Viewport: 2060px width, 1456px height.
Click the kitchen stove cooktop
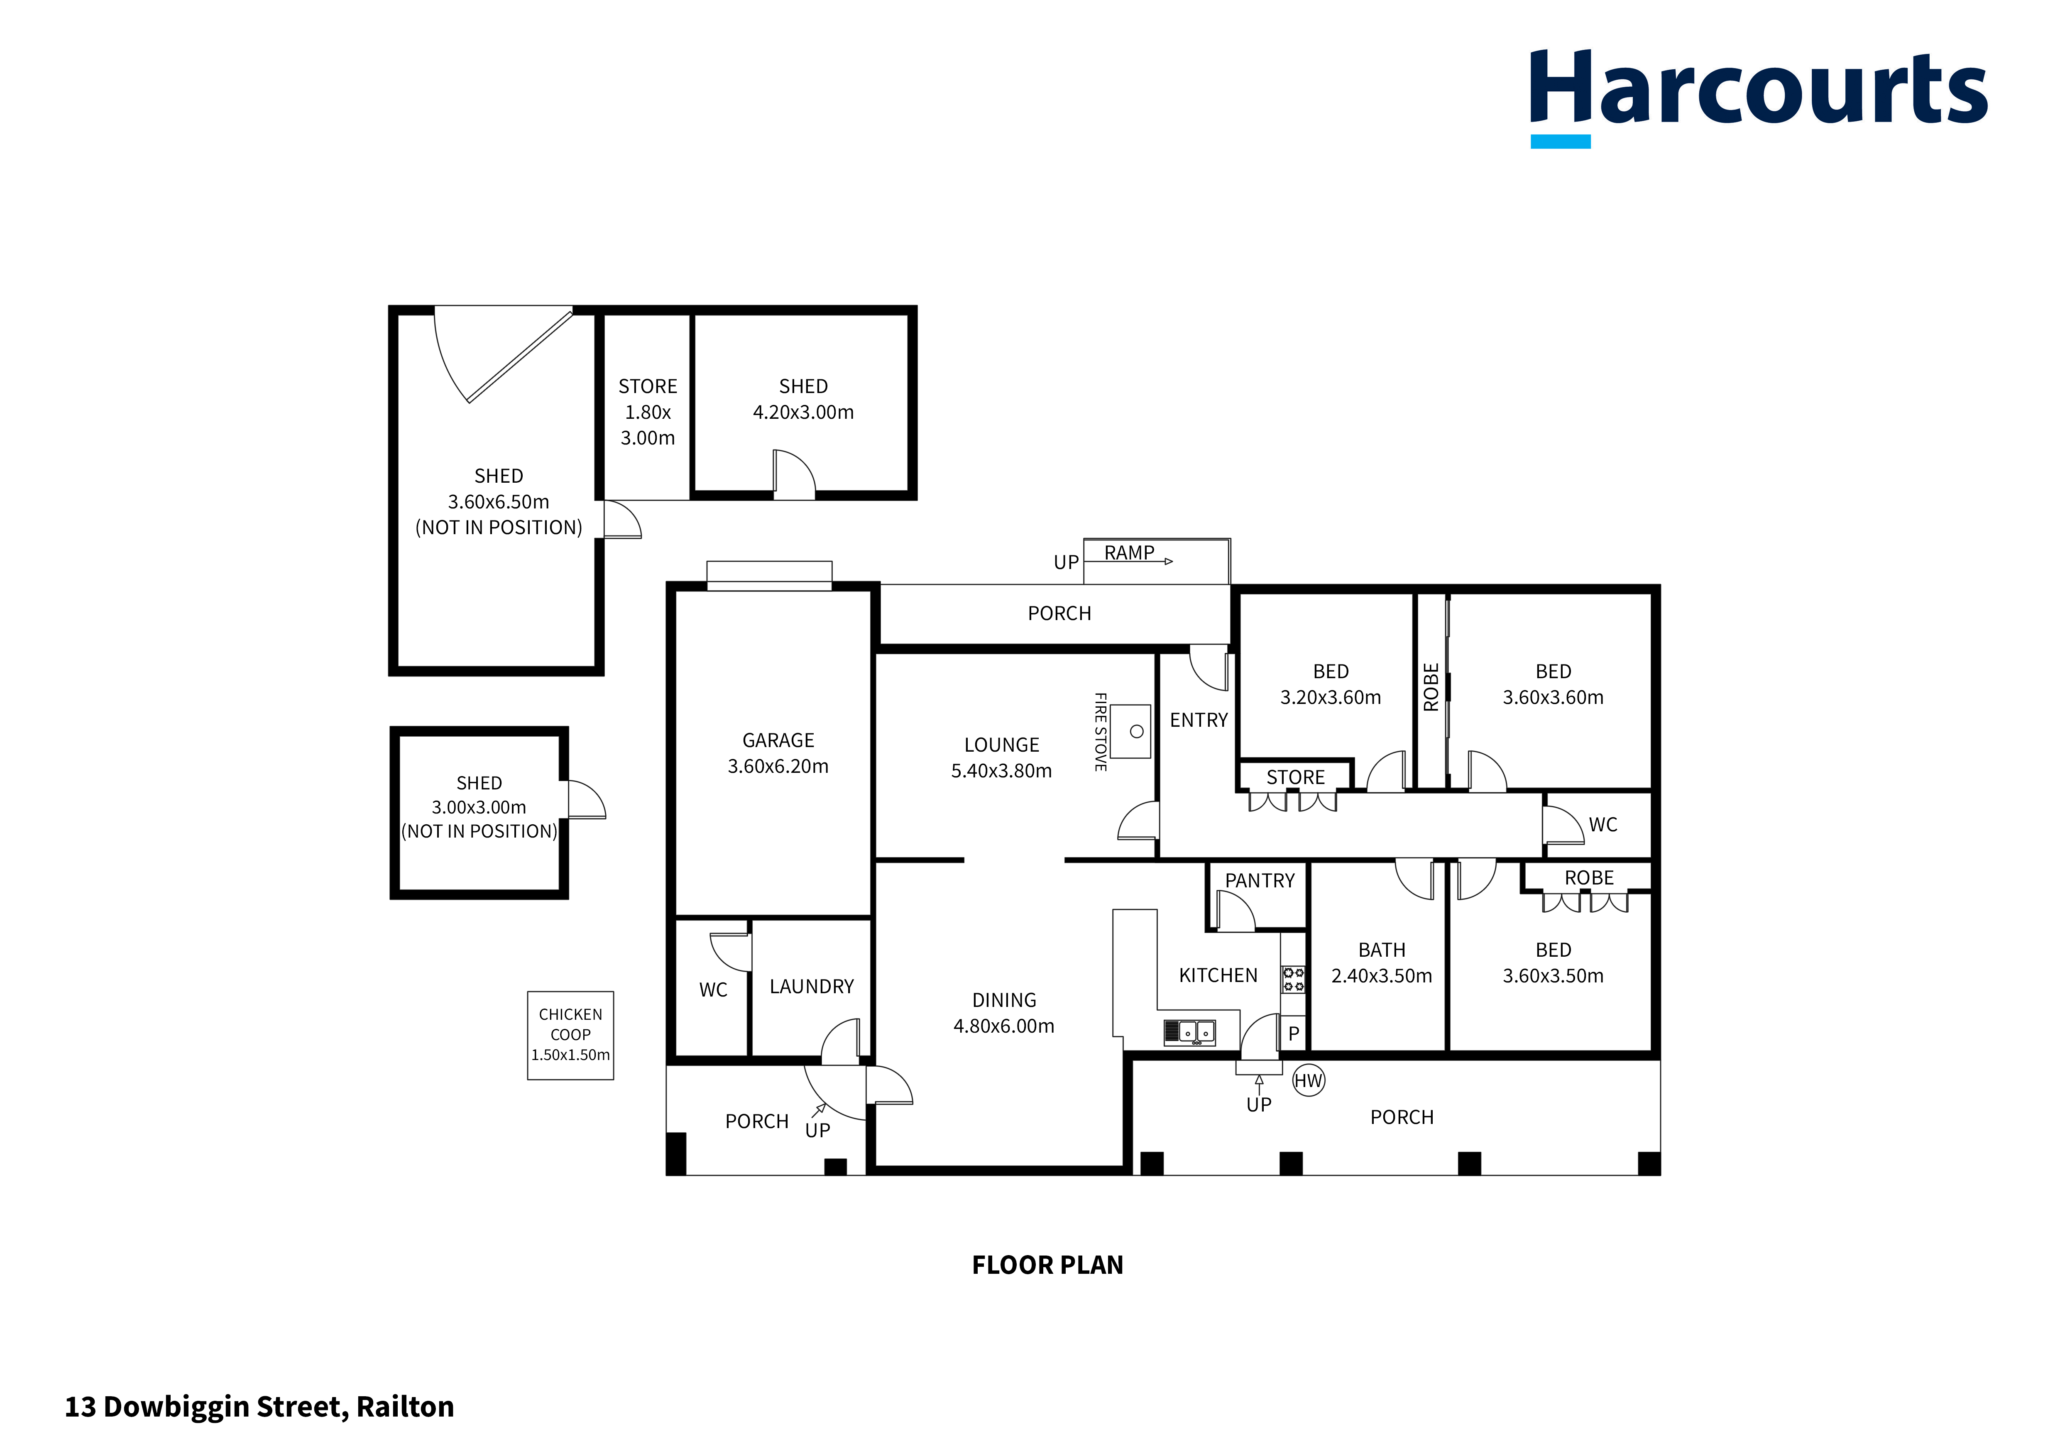1293,979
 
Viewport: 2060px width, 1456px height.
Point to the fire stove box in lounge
1130,731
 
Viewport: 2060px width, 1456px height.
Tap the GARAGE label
778,740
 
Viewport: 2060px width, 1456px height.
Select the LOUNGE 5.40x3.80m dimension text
1001,771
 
